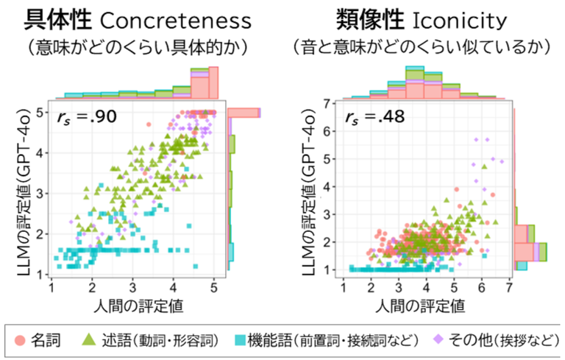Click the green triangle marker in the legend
88,339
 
